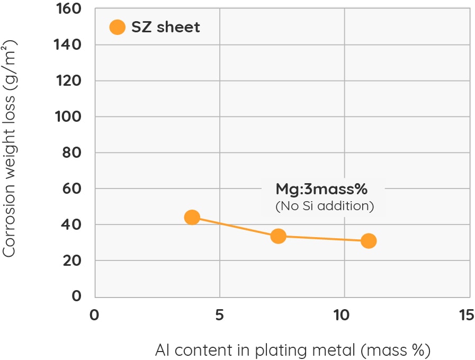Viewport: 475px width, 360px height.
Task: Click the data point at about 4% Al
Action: click(x=192, y=217)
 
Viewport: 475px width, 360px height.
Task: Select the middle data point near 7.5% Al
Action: click(x=278, y=236)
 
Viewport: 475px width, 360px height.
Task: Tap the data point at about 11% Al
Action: click(x=369, y=241)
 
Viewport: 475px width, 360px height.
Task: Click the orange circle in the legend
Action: click(x=117, y=27)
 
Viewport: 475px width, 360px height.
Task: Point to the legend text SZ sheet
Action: click(x=166, y=28)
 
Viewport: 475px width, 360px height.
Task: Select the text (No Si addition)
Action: click(x=325, y=206)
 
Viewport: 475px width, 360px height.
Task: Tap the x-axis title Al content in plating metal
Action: click(x=292, y=350)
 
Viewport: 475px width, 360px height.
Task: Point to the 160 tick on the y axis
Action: click(x=68, y=9)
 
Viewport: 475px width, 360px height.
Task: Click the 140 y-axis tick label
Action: click(x=68, y=45)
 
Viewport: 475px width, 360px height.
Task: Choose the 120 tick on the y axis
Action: click(x=68, y=81)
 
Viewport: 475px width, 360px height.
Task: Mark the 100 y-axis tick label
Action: click(x=68, y=116)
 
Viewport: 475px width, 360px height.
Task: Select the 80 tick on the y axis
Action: click(x=73, y=152)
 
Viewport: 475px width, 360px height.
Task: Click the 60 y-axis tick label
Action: click(x=73, y=188)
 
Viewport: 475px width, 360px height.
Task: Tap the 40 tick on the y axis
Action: click(x=73, y=224)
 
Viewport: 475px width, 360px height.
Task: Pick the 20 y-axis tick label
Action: click(x=73, y=260)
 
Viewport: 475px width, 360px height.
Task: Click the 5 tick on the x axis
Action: click(x=219, y=315)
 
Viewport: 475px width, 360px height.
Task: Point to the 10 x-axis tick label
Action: click(x=344, y=315)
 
